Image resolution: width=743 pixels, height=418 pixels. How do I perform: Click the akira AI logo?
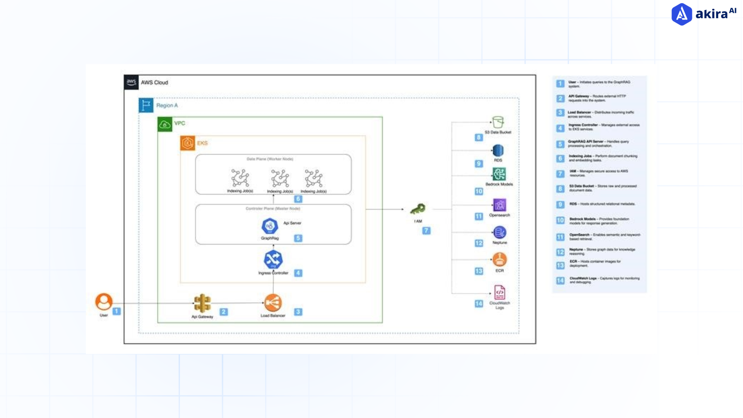coord(703,14)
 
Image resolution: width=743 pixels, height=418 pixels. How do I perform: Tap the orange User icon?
coord(104,302)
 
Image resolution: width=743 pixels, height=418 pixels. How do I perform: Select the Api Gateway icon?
coord(202,303)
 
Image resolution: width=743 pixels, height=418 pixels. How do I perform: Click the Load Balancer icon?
coord(273,303)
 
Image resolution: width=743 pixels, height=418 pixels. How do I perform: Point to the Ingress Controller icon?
coord(273,259)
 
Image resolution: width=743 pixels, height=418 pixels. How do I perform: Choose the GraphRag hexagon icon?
coord(270,226)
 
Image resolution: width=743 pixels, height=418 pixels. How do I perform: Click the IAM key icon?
coord(418,209)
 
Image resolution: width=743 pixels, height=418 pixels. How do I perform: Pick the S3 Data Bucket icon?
coord(498,122)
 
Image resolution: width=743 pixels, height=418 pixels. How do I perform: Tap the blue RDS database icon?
coord(498,150)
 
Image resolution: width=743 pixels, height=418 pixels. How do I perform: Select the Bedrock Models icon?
coord(499,174)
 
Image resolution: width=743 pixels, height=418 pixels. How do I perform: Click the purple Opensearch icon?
coord(500,205)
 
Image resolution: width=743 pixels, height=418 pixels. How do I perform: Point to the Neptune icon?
coord(500,233)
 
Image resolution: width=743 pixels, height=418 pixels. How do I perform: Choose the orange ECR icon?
coord(500,260)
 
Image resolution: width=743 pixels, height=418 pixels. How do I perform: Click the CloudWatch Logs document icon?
coord(500,293)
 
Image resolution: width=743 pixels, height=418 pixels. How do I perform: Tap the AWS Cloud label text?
coord(154,82)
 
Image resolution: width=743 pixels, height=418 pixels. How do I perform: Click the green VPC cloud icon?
coord(165,124)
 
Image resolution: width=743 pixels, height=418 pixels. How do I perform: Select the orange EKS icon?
coord(188,143)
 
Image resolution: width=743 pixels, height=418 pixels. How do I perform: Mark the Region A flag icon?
coord(146,105)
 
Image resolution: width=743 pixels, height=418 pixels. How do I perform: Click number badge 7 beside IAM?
coord(426,231)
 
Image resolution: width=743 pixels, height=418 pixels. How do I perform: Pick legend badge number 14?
coord(560,281)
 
